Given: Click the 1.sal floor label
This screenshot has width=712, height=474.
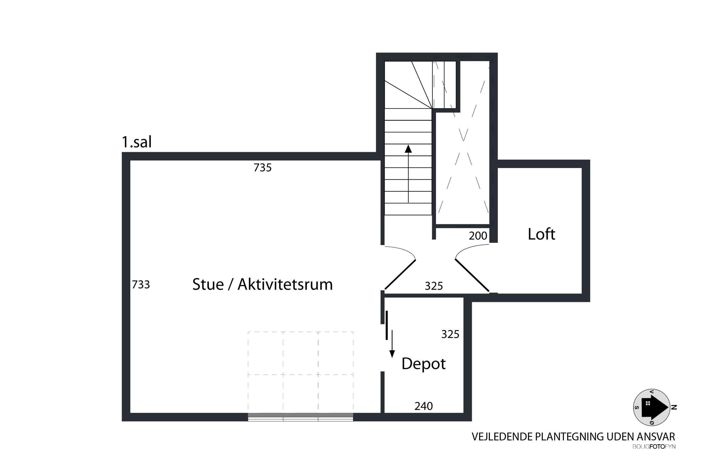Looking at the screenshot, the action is (x=136, y=142).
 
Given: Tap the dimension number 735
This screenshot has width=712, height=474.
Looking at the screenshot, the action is (x=262, y=167).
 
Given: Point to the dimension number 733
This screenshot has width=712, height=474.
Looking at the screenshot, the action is (x=141, y=284).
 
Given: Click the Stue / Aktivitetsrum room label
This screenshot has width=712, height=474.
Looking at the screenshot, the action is (x=262, y=284).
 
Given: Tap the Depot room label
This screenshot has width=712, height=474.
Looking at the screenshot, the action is (x=423, y=364).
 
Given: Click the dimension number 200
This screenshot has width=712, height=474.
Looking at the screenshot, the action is (x=478, y=236).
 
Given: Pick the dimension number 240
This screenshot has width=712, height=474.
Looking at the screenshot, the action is (x=423, y=406).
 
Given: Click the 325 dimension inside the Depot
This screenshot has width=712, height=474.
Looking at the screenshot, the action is (x=450, y=334).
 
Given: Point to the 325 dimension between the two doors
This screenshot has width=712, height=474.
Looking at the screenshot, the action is (x=433, y=286).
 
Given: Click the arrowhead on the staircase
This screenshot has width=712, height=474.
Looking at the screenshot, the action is (x=408, y=149).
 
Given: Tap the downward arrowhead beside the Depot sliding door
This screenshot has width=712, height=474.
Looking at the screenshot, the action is (x=392, y=354).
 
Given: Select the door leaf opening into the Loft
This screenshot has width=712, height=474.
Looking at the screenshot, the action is (x=472, y=275).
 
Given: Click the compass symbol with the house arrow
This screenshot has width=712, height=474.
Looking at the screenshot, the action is (x=651, y=408).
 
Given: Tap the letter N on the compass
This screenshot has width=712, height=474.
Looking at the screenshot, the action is (x=674, y=408).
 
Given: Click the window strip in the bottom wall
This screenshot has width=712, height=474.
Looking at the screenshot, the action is (x=300, y=417).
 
